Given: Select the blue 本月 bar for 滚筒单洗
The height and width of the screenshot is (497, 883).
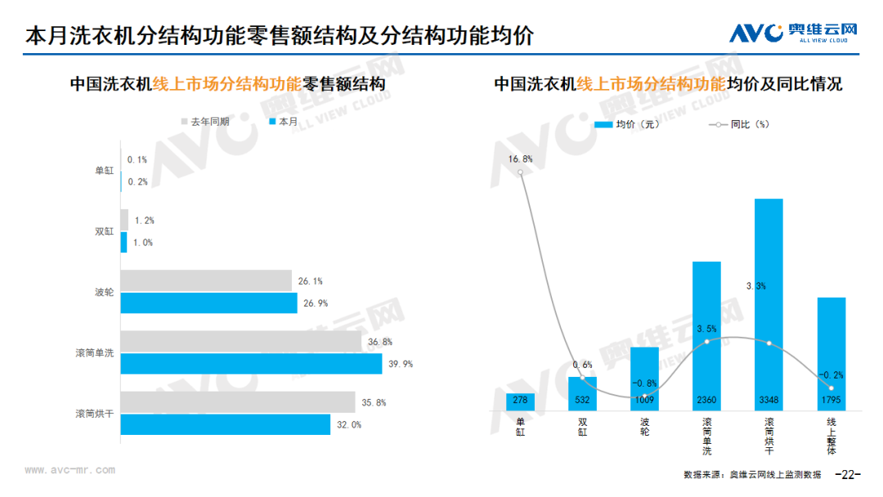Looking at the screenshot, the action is tap(251, 364).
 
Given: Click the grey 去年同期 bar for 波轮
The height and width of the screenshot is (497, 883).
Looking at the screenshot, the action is tap(206, 281).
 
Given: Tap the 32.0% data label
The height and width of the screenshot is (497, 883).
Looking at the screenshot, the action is tap(349, 425).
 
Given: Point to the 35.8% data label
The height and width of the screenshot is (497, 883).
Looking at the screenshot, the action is tap(374, 402).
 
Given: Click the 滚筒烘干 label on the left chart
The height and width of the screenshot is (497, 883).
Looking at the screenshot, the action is tap(95, 414).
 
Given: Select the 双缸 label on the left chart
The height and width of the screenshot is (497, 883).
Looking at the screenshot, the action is tap(104, 231).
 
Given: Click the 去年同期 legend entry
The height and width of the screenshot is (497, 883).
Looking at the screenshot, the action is tap(205, 122).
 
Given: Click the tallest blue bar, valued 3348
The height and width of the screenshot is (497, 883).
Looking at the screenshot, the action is tap(769, 305).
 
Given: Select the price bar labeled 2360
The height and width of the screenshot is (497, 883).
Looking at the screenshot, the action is tap(706, 336).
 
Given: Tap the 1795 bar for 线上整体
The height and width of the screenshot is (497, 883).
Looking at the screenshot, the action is tap(831, 354).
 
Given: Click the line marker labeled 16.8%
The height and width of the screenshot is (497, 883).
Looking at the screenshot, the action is tap(520, 172).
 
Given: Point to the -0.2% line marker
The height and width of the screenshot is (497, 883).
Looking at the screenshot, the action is tap(831, 387).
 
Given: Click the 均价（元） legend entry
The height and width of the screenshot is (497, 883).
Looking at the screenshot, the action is tap(627, 124).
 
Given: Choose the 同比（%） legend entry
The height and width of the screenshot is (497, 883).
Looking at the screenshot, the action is tap(739, 124).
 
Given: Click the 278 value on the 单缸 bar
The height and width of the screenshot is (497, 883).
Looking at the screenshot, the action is tap(520, 401).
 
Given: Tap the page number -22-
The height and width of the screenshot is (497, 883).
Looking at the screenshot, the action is tap(848, 474).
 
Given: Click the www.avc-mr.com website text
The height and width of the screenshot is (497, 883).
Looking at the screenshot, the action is tap(69, 470).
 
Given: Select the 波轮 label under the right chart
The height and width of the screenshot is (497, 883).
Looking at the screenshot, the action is tap(645, 427).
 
